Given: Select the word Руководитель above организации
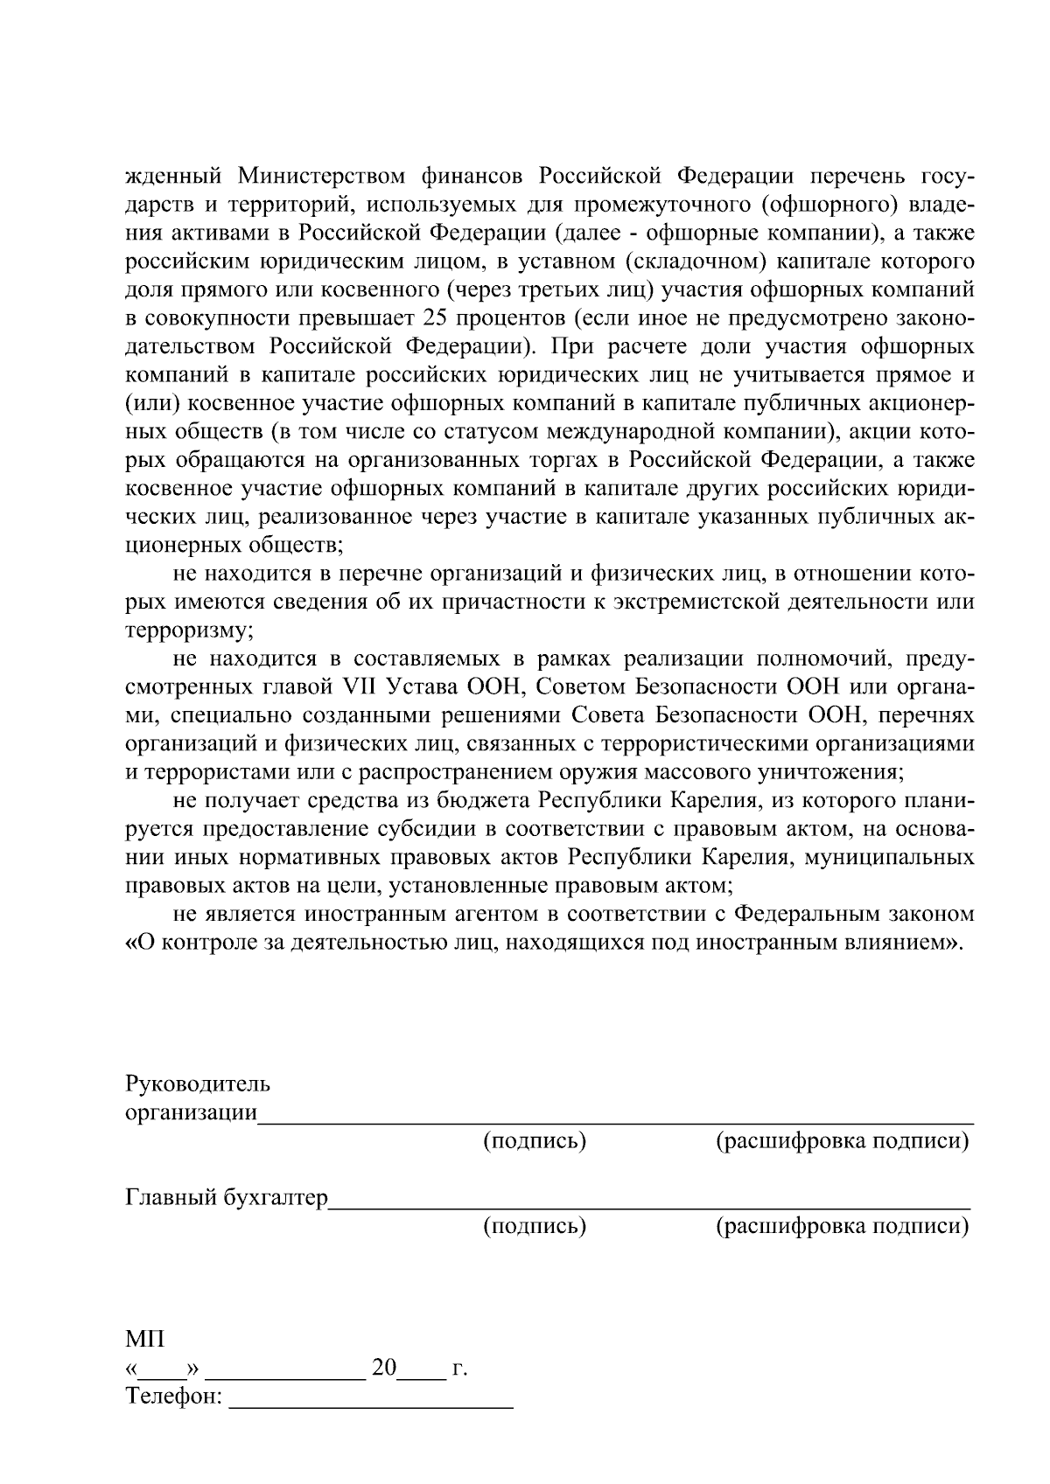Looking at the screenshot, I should pyautogui.click(x=199, y=1085).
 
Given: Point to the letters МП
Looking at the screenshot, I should pyautogui.click(x=145, y=1340).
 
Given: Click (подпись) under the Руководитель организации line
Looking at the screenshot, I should pyautogui.click(x=535, y=1141).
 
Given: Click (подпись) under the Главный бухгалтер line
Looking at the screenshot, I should pyautogui.click(x=535, y=1226).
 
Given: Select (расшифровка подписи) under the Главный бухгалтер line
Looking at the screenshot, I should pyautogui.click(x=843, y=1226).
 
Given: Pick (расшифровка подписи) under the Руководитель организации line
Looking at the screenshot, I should pyautogui.click(x=843, y=1141).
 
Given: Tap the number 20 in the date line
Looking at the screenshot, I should pyautogui.click(x=384, y=1368).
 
